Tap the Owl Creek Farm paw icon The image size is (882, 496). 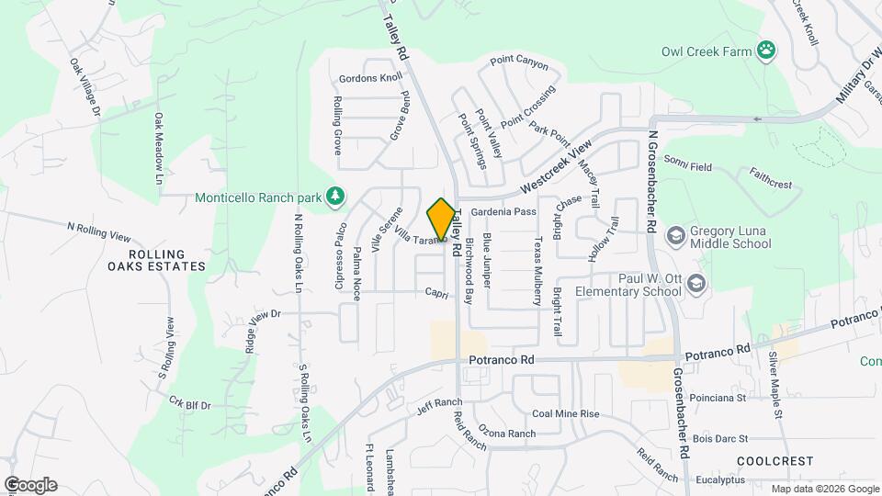pyautogui.click(x=765, y=51)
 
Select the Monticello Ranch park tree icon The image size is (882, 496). pyautogui.click(x=337, y=197)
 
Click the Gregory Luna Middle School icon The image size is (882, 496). pyautogui.click(x=676, y=236)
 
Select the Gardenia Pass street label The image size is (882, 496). pyautogui.click(x=503, y=212)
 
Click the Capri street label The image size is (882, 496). pyautogui.click(x=435, y=292)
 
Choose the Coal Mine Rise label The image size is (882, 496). pyautogui.click(x=565, y=414)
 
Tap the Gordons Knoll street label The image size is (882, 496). pyautogui.click(x=364, y=78)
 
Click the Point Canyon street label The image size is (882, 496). pyautogui.click(x=519, y=64)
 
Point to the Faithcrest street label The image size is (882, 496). pyautogui.click(x=770, y=184)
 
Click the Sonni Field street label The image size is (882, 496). pyautogui.click(x=688, y=167)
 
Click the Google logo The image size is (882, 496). pyautogui.click(x=30, y=485)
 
